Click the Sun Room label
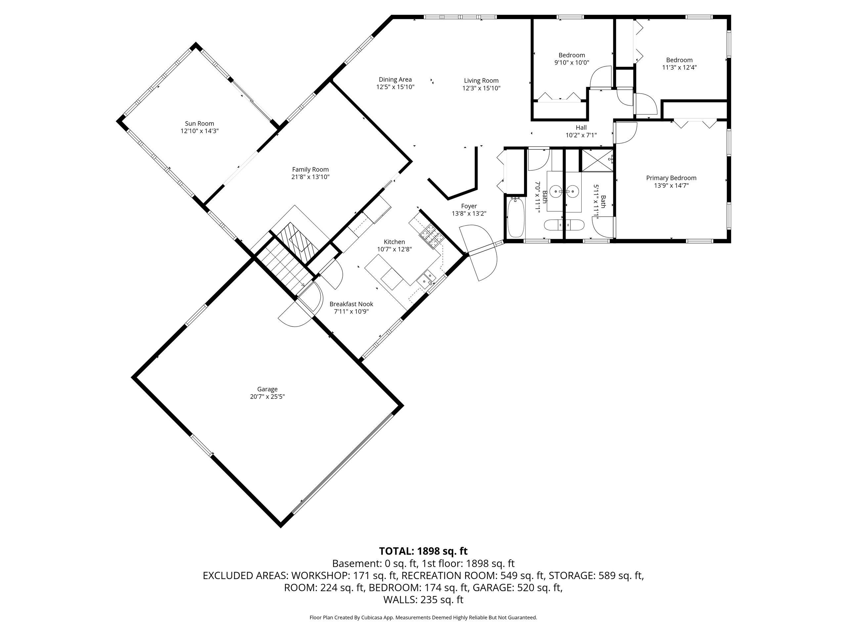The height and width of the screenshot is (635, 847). click(x=199, y=124)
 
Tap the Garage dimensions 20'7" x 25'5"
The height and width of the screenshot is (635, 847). click(x=267, y=397)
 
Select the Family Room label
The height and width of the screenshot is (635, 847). click(x=310, y=170)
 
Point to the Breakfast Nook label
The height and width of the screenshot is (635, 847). click(x=351, y=304)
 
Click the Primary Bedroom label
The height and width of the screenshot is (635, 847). click(x=671, y=178)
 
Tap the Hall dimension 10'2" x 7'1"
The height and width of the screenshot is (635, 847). click(x=581, y=135)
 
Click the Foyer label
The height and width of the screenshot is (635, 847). click(x=469, y=206)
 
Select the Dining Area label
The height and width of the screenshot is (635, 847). click(x=395, y=80)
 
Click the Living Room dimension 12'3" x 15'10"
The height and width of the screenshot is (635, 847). click(x=481, y=88)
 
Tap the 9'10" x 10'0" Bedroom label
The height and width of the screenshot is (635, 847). click(x=571, y=55)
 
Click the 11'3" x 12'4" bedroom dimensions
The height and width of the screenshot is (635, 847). click(x=679, y=67)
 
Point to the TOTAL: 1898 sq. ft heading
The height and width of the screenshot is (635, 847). click(x=423, y=551)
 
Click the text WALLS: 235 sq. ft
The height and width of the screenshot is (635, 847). click(x=423, y=600)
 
